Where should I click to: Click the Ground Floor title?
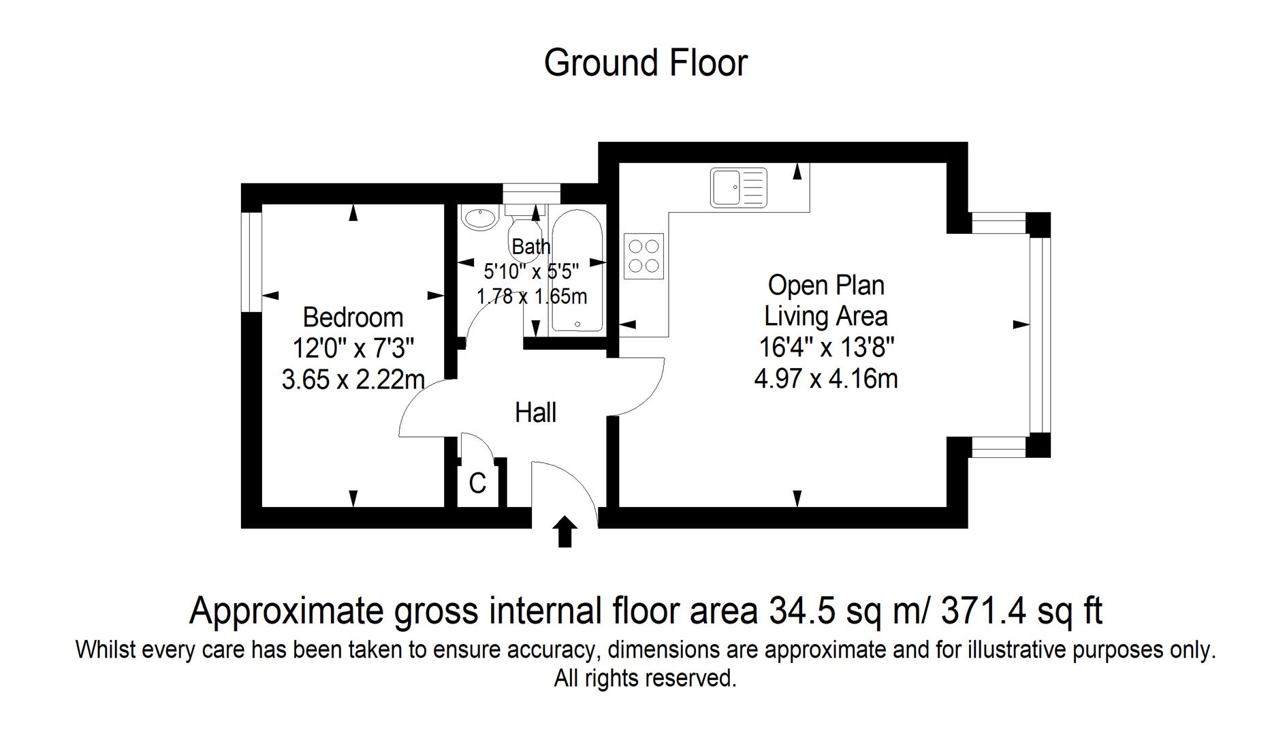(x=646, y=63)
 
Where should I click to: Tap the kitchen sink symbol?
(x=738, y=187)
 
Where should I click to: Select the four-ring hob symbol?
(x=643, y=256)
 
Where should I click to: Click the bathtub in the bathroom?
(x=577, y=271)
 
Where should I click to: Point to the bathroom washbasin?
(x=480, y=218)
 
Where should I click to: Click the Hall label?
(x=535, y=413)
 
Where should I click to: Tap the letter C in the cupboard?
(x=477, y=484)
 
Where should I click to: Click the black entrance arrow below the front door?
(x=565, y=532)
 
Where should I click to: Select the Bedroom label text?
(x=353, y=318)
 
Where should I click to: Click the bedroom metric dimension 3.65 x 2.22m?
(x=353, y=380)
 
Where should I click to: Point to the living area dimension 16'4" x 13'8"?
(x=826, y=348)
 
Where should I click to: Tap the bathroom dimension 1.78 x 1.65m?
(x=531, y=297)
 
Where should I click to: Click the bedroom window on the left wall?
(x=251, y=262)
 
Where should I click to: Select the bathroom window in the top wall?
(x=531, y=194)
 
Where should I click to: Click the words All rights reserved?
(x=645, y=679)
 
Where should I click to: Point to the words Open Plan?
(x=826, y=286)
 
